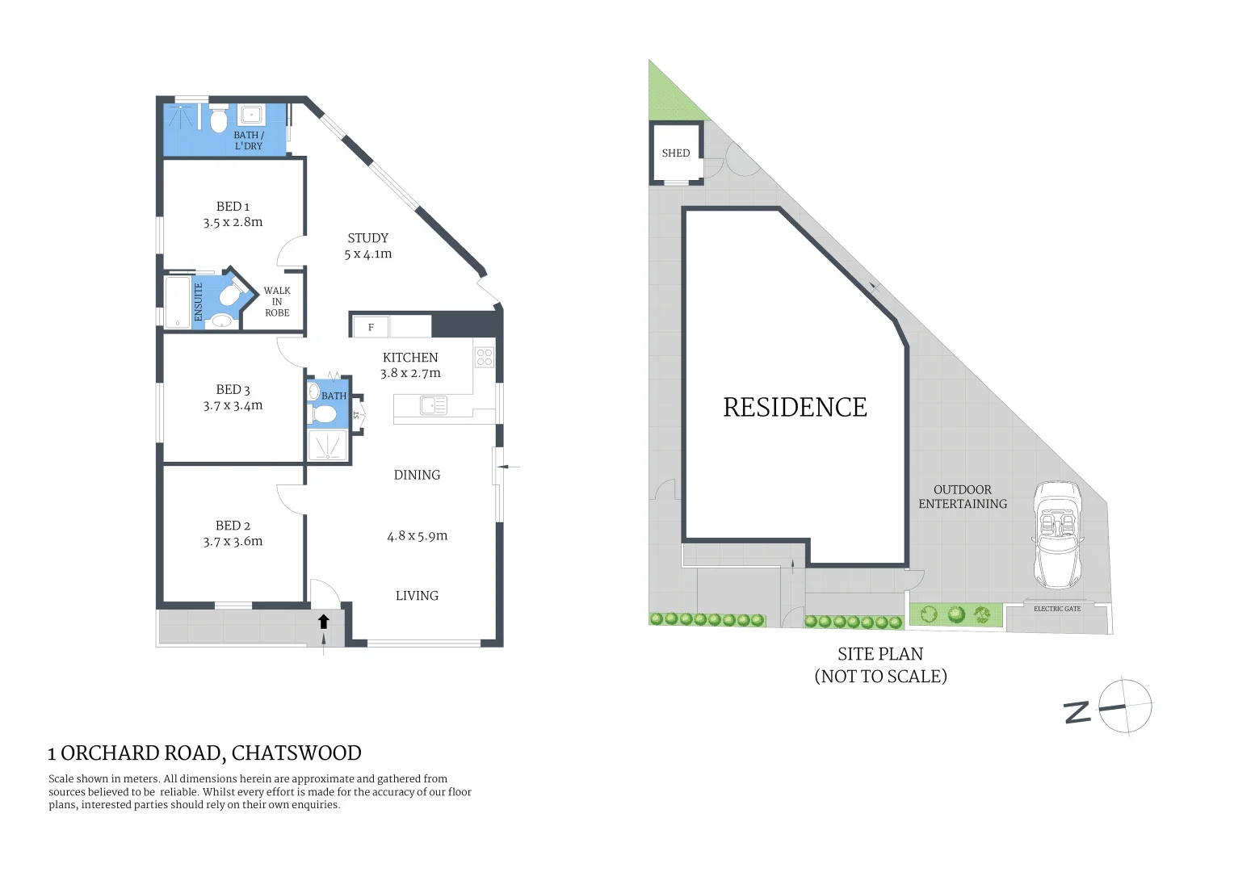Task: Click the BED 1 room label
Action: click(233, 207)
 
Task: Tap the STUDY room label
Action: click(367, 238)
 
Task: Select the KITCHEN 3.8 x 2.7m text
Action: click(410, 365)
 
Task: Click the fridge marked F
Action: click(371, 327)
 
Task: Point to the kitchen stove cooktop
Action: click(485, 357)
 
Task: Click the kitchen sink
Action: click(434, 405)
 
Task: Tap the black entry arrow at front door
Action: click(324, 621)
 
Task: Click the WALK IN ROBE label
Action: click(277, 301)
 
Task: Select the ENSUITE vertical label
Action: click(199, 302)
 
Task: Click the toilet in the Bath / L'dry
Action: click(218, 121)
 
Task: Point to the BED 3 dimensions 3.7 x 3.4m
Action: click(233, 405)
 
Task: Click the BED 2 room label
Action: click(233, 526)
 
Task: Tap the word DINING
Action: click(417, 475)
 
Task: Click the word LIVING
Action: click(417, 596)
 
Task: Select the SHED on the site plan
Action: click(676, 153)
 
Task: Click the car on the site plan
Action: click(1057, 535)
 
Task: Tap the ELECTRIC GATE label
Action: click(1056, 609)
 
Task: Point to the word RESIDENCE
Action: click(795, 407)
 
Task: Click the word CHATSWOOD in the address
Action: click(296, 753)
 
